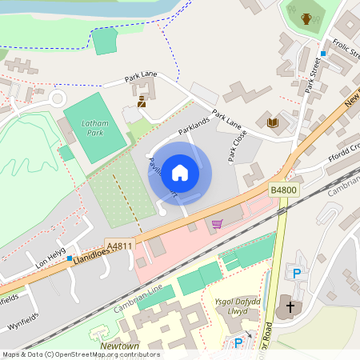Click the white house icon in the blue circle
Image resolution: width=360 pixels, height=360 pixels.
(x=180, y=173)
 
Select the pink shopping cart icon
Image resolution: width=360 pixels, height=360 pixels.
(x=217, y=224)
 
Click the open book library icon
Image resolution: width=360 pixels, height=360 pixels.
(x=273, y=122)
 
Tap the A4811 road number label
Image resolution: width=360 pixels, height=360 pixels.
(x=118, y=247)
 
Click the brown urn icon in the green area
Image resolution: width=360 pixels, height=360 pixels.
(x=306, y=18)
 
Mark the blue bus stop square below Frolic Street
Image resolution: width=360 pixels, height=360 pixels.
(x=323, y=54)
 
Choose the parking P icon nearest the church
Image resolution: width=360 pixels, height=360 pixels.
(x=297, y=273)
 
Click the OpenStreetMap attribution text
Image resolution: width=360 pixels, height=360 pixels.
(x=80, y=354)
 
